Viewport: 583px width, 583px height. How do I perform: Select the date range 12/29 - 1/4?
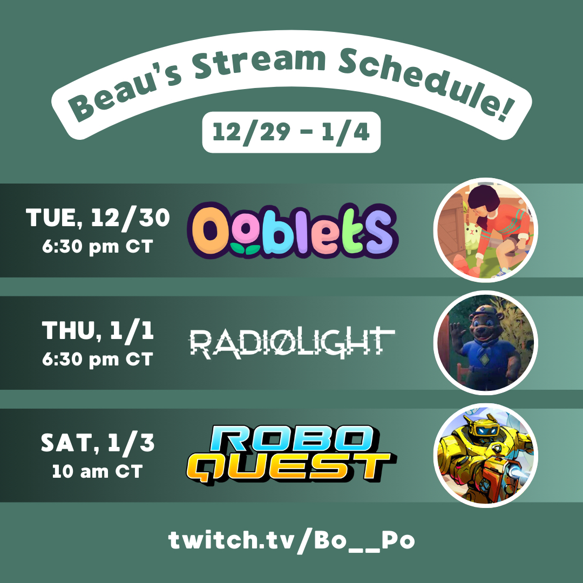291,132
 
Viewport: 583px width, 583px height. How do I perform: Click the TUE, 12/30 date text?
98,218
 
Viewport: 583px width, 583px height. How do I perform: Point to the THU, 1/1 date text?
98,330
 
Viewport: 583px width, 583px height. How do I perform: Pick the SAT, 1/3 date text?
98,443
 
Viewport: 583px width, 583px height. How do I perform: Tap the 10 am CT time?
97,471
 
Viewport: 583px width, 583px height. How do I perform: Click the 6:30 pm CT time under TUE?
97,247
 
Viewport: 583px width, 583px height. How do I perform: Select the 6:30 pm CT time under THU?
97,359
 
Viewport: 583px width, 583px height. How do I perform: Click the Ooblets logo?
293,231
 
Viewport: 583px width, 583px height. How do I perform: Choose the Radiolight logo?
292,343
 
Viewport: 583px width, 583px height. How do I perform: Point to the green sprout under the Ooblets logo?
245,249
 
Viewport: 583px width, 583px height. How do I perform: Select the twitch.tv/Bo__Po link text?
291,540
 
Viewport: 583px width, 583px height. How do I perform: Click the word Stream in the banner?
260,63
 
